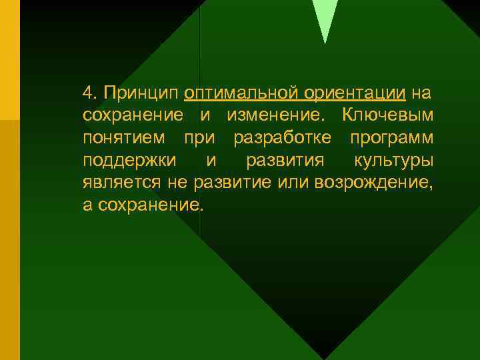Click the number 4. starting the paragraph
[91, 91]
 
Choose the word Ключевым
[387, 115]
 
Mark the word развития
[285, 161]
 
